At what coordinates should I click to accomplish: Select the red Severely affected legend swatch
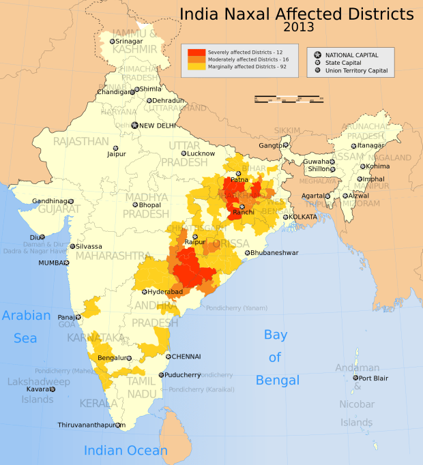[196, 52]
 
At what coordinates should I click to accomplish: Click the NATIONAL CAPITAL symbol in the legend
[317, 54]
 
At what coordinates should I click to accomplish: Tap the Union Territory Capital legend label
[357, 70]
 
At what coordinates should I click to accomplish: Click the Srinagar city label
[130, 42]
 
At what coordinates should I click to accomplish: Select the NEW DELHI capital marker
[135, 125]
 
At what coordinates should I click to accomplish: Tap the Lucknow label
[182, 153]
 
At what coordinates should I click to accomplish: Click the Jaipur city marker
[115, 148]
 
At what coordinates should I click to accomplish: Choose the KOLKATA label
[303, 217]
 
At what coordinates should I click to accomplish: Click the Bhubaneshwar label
[275, 252]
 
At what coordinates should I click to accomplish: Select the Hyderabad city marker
[144, 292]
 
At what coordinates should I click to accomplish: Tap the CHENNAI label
[186, 356]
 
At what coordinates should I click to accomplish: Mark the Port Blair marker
[355, 378]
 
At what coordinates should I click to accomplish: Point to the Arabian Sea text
[27, 327]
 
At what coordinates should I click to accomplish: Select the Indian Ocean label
[126, 451]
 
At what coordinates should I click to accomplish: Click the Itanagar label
[371, 145]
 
